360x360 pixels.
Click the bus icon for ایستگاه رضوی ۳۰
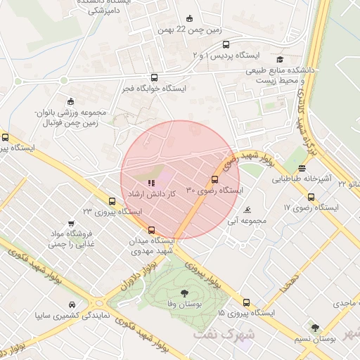pyautogui.click(x=214, y=179)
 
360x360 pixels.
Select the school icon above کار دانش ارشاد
pyautogui.click(x=151, y=182)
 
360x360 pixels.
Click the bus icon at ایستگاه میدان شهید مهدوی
pyautogui.click(x=151, y=229)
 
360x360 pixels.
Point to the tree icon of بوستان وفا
pyautogui.click(x=184, y=292)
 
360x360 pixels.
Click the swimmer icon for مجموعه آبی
pyautogui.click(x=247, y=210)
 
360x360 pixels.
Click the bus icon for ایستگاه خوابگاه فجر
pyautogui.click(x=154, y=78)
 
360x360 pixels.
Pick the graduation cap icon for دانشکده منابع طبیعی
pyautogui.click(x=280, y=60)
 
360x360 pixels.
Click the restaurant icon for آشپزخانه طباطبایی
pyautogui.click(x=302, y=168)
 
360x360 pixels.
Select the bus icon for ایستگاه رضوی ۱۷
pyautogui.click(x=311, y=197)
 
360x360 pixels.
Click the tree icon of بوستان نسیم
pyautogui.click(x=315, y=328)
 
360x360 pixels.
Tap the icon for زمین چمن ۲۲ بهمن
pyautogui.click(x=189, y=19)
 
